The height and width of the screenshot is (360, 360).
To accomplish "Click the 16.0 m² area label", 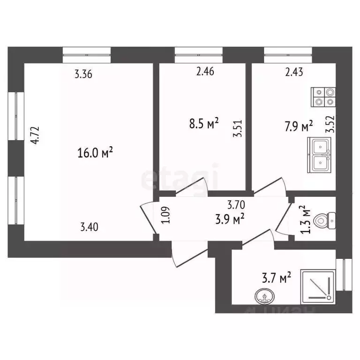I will point(96,153).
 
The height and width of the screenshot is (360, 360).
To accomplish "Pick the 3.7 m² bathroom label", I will point(278,279).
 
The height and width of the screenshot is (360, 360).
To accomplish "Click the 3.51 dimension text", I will point(238,128).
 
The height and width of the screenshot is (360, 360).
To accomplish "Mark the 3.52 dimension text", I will point(331,125).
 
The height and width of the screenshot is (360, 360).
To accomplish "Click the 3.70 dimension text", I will point(236,204).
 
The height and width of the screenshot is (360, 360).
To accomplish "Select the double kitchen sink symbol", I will point(320,155).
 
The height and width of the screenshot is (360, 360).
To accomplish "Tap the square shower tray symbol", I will point(318,285).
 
